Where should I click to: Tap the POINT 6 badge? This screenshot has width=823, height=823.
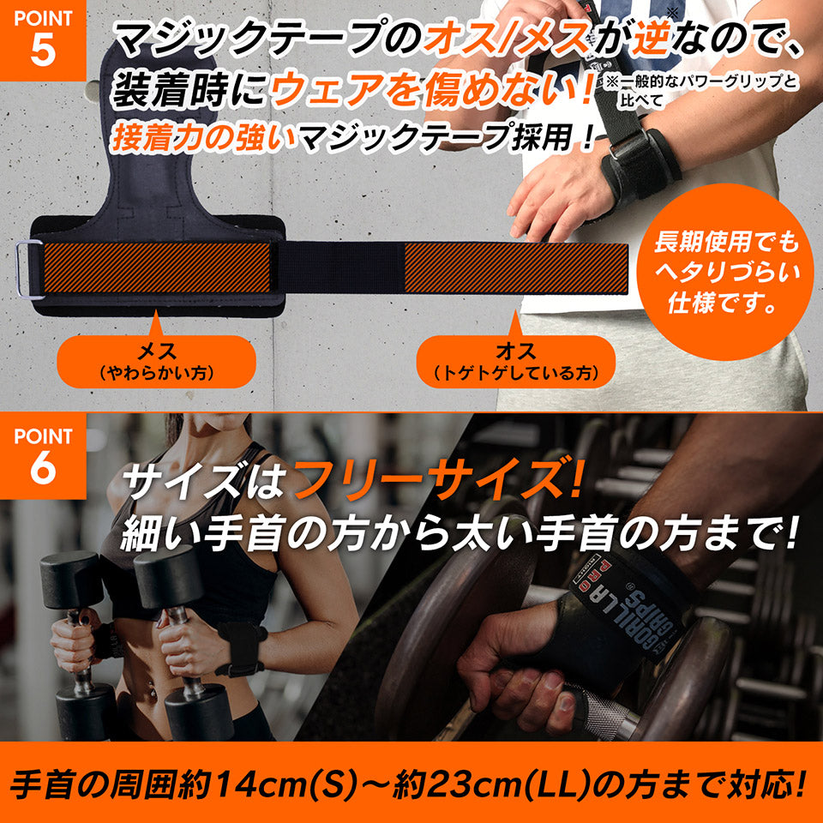[42, 454]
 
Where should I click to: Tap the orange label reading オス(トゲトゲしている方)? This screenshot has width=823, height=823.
[515, 361]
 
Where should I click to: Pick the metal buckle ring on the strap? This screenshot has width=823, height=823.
[29, 270]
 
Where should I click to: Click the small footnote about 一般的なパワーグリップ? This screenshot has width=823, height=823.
[699, 91]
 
